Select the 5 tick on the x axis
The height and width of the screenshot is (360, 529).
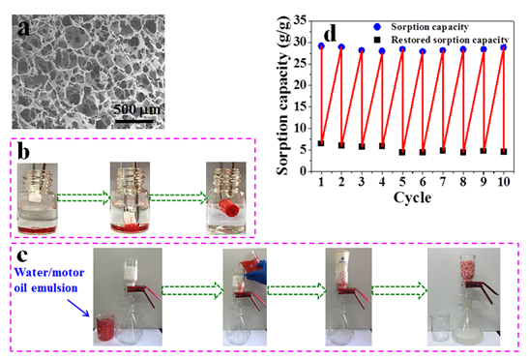[401, 182]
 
